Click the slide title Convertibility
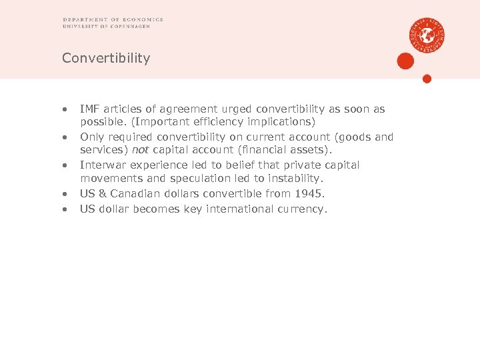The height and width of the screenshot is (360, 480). coord(106,58)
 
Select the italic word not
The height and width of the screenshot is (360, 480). coord(140,151)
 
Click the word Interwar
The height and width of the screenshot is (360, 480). coord(103,165)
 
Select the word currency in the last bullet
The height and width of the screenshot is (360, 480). coord(303,209)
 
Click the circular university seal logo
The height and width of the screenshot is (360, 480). coord(427,35)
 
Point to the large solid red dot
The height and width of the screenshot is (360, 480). coord(405,61)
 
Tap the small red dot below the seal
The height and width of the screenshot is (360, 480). coord(427,79)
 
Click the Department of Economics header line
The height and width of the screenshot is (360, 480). coord(113,19)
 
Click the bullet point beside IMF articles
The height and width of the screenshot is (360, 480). coord(65,109)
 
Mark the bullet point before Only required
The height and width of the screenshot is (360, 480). coord(65,137)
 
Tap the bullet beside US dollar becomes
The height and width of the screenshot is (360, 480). coord(65,209)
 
